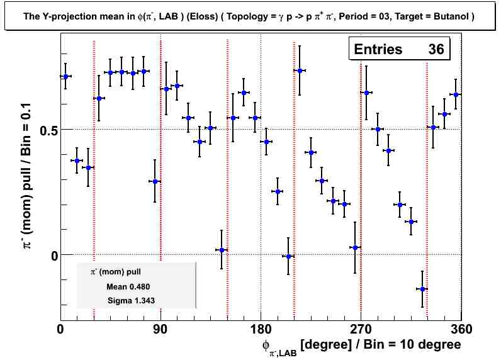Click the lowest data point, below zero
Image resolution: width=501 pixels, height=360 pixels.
pos(422,289)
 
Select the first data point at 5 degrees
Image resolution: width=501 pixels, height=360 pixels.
pos(65,76)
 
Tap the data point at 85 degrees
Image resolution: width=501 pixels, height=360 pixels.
pos(155,181)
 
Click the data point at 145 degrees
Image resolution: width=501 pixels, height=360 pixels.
pos(222,250)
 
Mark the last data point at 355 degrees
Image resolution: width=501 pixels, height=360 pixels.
pos(456,94)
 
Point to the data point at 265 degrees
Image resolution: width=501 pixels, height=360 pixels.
pos(355,247)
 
